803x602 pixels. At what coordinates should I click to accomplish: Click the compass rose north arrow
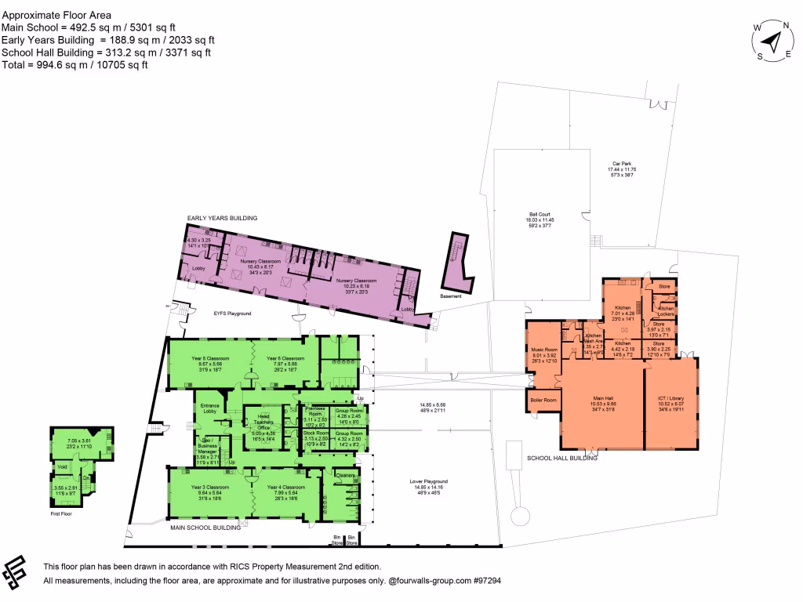coord(773,42)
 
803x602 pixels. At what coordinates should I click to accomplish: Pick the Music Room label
coord(543,350)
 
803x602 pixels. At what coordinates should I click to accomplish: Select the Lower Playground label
coord(428,481)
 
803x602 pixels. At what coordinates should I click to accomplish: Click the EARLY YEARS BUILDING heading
coord(222,218)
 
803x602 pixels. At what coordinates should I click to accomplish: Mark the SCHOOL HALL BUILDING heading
coord(562,458)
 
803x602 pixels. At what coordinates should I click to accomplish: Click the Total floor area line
coord(75,65)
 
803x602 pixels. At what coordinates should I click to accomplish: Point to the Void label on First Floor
coord(61,469)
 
